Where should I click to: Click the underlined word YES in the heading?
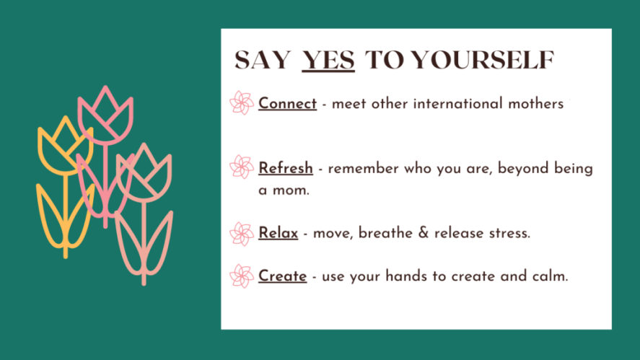[x=328, y=60]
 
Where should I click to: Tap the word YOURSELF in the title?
[x=483, y=60]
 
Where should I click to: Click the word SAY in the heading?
[x=263, y=60]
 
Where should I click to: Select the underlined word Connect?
[x=287, y=103]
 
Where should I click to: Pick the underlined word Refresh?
[x=286, y=168]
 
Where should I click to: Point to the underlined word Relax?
[x=278, y=232]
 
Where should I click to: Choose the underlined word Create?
[x=282, y=276]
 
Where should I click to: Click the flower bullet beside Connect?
[x=242, y=103]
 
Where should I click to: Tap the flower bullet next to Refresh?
[x=242, y=167]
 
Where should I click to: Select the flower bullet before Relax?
[x=242, y=234]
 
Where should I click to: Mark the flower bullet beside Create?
[x=242, y=276]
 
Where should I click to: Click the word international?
[x=458, y=104]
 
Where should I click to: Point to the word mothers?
[x=536, y=104]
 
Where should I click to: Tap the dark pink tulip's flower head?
[x=105, y=115]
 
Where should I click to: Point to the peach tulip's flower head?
[x=144, y=172]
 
